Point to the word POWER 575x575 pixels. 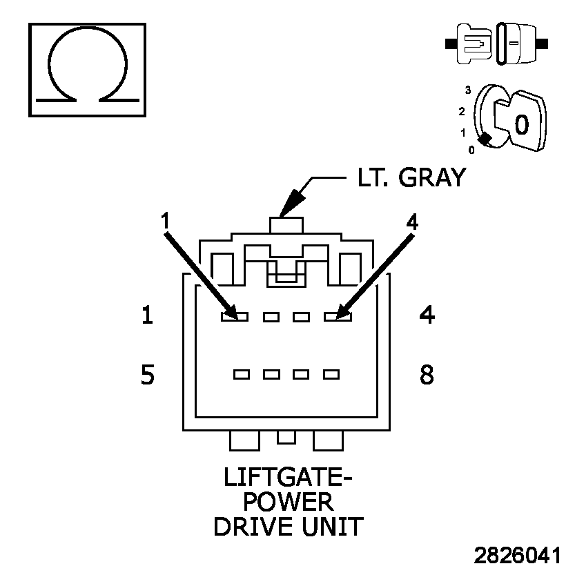point(287,503)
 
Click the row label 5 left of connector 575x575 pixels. point(147,375)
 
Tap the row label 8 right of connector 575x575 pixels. point(427,375)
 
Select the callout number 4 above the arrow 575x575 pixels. point(412,222)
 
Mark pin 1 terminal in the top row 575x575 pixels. point(234,317)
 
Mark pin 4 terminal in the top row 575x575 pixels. point(338,317)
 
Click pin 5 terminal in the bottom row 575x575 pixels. point(242,375)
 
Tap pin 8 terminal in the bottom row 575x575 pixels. point(331,375)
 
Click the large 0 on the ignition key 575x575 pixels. point(522,124)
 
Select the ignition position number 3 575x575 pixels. point(468,90)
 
